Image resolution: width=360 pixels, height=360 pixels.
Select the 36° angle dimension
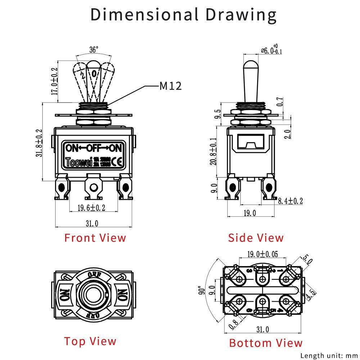pyautogui.click(x=94, y=50)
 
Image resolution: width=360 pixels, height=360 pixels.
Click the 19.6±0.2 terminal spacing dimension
pyautogui.click(x=91, y=208)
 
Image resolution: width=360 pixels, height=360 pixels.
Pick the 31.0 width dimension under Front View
pyautogui.click(x=92, y=224)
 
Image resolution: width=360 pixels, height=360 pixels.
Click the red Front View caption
pyautogui.click(x=95, y=238)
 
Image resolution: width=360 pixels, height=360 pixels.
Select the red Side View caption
pyautogui.click(x=256, y=238)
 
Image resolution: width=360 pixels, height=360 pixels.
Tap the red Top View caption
pyautogui.click(x=90, y=341)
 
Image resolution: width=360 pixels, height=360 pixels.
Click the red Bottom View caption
pyautogui.click(x=266, y=343)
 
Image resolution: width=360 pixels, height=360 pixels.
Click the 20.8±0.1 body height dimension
pyautogui.click(x=214, y=152)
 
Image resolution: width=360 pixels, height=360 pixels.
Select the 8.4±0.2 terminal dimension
pyautogui.click(x=290, y=201)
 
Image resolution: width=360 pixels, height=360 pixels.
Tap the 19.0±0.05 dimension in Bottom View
pyautogui.click(x=262, y=254)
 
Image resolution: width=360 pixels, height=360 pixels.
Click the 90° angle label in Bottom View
pyautogui.click(x=204, y=290)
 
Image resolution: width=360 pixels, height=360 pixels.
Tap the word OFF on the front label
pyautogui.click(x=93, y=148)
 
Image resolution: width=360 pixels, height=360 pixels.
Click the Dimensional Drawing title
pyautogui.click(x=183, y=15)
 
